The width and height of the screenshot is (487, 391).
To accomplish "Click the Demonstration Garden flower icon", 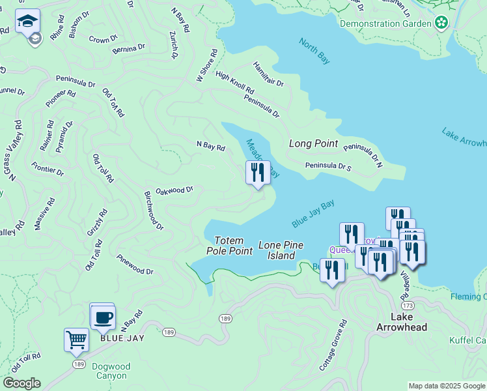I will (x=441, y=23).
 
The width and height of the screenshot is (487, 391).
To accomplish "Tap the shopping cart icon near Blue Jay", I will (x=76, y=340).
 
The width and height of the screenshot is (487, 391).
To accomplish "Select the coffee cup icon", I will (x=103, y=318).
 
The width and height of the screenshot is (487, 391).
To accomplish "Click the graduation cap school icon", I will (x=28, y=22).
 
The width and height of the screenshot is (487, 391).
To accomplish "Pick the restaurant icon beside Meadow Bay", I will (x=258, y=173).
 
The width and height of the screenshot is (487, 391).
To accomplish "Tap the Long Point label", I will (x=313, y=143).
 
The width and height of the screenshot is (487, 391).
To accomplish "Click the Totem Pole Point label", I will (x=229, y=245).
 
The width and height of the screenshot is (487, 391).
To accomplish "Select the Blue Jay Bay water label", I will (x=313, y=214).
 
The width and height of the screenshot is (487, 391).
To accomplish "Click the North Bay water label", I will (x=314, y=51).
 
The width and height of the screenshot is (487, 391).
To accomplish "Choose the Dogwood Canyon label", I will (x=111, y=371).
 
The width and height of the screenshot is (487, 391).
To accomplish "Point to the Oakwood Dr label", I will (x=174, y=190).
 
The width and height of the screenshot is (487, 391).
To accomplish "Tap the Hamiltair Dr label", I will (x=268, y=74).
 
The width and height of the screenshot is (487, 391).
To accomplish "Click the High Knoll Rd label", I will (x=234, y=81).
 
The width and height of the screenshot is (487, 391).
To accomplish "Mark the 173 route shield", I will (x=408, y=305).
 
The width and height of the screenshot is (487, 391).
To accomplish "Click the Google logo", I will (x=21, y=383).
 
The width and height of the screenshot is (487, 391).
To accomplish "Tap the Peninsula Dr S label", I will (x=328, y=166).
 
